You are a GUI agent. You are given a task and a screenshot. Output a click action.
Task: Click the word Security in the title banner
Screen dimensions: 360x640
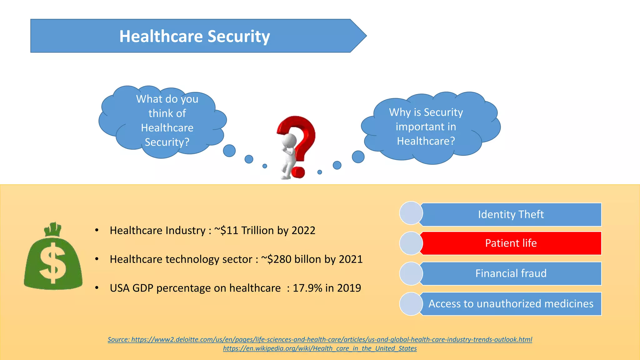[x=238, y=37]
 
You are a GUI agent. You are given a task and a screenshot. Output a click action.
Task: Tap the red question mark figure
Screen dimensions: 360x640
[x=296, y=147]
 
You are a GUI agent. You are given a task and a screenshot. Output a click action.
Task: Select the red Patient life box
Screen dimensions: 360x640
[x=511, y=243]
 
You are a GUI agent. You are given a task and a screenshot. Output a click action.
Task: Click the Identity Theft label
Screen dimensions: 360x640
[x=511, y=214]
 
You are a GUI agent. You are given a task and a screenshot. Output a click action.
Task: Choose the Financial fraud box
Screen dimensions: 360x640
[x=511, y=273]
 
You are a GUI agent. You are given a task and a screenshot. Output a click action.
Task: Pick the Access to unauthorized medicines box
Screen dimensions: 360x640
[x=511, y=304]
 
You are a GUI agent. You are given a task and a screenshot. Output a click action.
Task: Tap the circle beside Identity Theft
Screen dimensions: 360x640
[x=411, y=213]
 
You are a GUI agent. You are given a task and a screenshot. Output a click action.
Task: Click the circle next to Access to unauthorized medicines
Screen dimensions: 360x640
[x=411, y=304]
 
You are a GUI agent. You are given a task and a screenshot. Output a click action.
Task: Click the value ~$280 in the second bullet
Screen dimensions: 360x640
[x=276, y=259]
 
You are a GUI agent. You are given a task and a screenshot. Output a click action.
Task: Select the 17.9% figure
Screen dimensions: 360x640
[x=307, y=288]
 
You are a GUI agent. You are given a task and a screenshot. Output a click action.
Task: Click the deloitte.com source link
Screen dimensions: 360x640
[x=331, y=339]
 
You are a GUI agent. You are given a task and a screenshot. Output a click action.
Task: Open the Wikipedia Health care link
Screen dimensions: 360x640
[x=320, y=348]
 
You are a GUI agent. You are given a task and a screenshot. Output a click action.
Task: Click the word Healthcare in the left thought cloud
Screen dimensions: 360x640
[x=167, y=128]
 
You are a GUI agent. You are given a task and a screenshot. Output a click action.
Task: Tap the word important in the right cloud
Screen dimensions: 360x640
[x=426, y=127]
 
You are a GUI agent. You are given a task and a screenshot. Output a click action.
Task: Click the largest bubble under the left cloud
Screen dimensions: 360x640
[x=229, y=151]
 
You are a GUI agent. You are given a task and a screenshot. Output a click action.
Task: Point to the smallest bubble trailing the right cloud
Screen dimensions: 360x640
[x=319, y=172]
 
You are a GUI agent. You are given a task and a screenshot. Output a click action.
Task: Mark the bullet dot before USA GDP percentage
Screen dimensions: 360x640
[x=97, y=288]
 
